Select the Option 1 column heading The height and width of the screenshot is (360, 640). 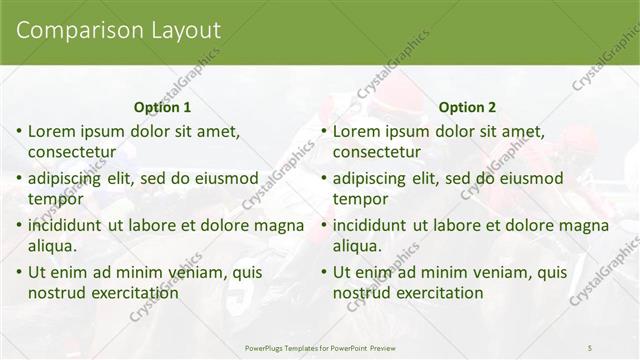pyautogui.click(x=162, y=107)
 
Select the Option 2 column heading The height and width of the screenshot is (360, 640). pyautogui.click(x=467, y=107)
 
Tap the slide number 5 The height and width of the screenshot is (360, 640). pyautogui.click(x=590, y=346)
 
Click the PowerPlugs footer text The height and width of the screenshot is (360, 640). pyautogui.click(x=319, y=346)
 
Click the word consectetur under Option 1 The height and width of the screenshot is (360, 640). pyautogui.click(x=72, y=153)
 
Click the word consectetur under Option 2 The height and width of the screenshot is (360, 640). pyautogui.click(x=377, y=153)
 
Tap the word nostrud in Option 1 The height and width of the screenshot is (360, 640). pyautogui.click(x=59, y=294)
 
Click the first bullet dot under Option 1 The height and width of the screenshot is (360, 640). pyautogui.click(x=18, y=132)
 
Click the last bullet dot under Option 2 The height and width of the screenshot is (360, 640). pyautogui.click(x=323, y=273)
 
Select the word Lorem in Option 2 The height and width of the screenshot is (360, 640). pyautogui.click(x=355, y=131)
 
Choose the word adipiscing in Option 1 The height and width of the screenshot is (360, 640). pyautogui.click(x=67, y=178)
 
